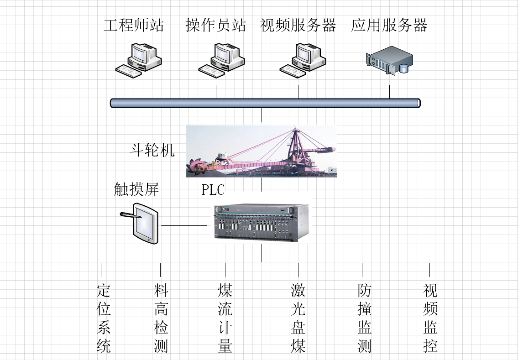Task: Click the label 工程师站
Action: click(134, 25)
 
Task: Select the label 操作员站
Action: click(215, 25)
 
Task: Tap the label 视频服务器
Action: click(298, 25)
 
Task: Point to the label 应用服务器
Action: click(389, 25)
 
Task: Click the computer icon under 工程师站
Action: click(138, 59)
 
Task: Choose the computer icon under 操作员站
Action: click(221, 59)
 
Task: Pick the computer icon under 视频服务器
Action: click(303, 59)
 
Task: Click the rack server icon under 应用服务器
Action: click(389, 60)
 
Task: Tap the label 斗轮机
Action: click(152, 150)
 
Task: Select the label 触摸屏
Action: click(136, 189)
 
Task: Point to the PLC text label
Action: click(213, 190)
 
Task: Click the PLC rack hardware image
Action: click(262, 223)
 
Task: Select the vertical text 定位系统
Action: click(104, 318)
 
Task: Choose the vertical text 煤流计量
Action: click(225, 318)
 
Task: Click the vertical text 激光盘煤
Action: click(298, 318)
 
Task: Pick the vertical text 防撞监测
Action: click(364, 318)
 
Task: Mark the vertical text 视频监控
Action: click(430, 318)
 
